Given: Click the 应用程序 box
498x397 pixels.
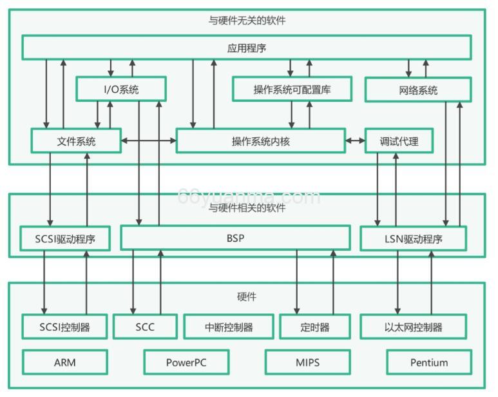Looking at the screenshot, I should coord(247,48).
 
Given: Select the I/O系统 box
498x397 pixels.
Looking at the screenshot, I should coord(121,90).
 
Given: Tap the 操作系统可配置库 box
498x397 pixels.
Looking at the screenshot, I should coord(292,90).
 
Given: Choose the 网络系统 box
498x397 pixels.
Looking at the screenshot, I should coord(418,90).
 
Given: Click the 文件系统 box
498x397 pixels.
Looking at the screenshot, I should coord(76,140).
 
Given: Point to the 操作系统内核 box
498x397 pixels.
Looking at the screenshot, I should coord(260,140).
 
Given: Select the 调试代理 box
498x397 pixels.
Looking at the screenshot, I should coord(399,140).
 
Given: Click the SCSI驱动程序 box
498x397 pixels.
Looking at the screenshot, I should coord(65,239).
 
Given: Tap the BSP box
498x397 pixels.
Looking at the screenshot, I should coord(235,238).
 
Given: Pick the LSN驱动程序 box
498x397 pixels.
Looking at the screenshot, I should coord(413,239).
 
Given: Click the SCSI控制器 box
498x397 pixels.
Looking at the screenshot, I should coord(65,327).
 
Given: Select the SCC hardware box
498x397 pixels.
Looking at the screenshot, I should coord(145,327).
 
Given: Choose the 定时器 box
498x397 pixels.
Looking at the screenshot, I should coord(315,327).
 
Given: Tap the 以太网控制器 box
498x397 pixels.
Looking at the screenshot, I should coord(413,327).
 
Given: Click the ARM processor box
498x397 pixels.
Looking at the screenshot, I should coord(65,362).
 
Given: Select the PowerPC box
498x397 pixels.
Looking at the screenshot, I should coord(187,362).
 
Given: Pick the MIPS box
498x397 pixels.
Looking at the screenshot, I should coord(308,362).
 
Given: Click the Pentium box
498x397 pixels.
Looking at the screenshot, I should coord(429,362).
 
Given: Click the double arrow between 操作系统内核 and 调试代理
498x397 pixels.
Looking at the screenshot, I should coord(355,140).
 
